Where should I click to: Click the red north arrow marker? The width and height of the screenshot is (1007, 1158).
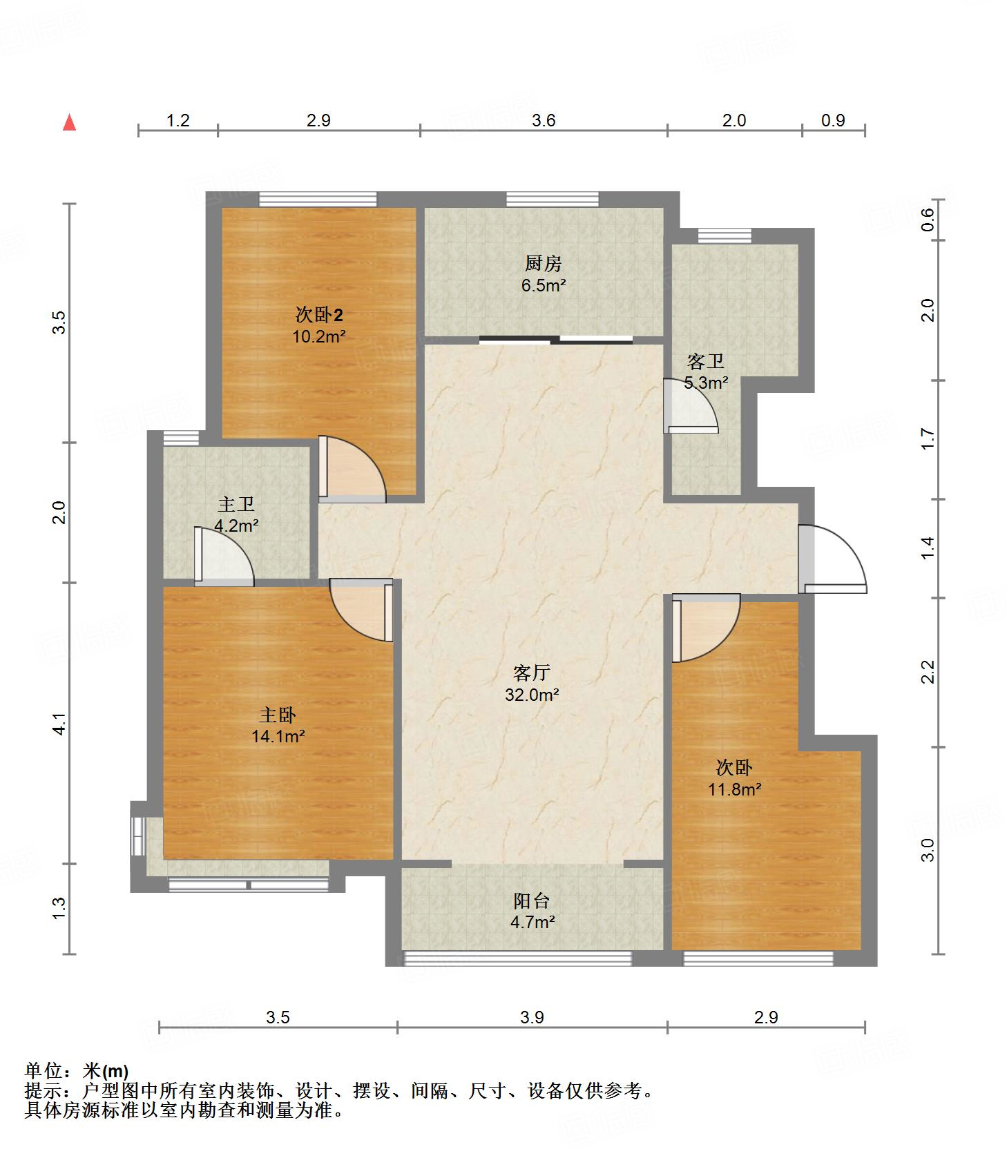click(69, 122)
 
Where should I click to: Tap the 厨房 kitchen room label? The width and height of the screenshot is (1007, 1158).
click(544, 263)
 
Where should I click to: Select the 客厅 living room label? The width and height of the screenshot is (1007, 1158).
click(532, 673)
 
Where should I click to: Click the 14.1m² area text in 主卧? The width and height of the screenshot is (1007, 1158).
click(278, 736)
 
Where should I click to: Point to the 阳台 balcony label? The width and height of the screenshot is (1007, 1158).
click(532, 900)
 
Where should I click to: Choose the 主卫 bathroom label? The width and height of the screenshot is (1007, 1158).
click(236, 504)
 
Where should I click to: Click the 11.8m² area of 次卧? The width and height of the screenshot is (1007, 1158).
click(735, 789)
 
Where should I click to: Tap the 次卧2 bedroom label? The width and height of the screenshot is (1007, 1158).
click(319, 316)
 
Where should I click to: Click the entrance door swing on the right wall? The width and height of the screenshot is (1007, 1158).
click(832, 559)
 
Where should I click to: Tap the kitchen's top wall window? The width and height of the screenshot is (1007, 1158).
click(553, 199)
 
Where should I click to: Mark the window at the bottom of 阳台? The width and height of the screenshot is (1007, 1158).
click(517, 958)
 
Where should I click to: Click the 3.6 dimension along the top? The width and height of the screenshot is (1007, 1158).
click(544, 121)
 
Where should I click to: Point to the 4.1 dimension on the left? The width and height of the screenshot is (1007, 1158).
click(59, 722)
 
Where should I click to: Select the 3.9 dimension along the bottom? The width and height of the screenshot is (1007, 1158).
click(532, 1016)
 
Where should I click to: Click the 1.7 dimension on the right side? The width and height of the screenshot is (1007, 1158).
click(928, 439)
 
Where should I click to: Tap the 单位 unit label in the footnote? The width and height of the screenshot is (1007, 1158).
click(44, 1071)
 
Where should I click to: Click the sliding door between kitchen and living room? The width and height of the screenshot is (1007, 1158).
click(556, 339)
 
